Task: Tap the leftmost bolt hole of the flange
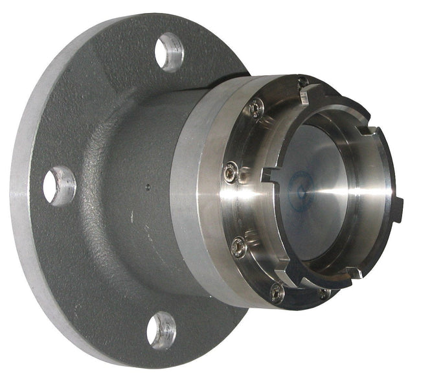point(59,185)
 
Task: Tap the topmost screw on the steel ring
point(302,82)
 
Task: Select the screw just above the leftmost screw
point(256,108)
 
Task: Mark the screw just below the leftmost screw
point(239,246)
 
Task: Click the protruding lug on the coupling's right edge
point(396,207)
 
